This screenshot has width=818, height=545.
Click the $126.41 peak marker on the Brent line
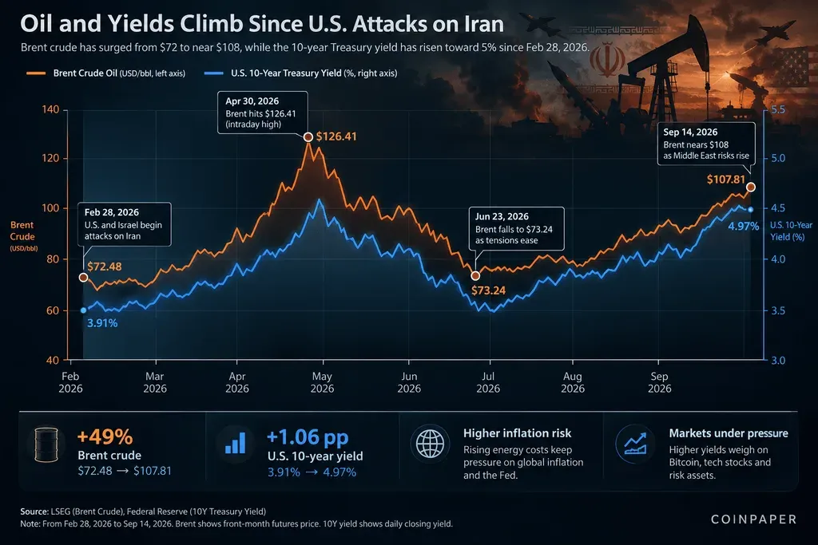point(308,137)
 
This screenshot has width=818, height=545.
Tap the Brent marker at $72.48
point(83,278)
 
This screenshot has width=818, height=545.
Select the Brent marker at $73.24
point(475,275)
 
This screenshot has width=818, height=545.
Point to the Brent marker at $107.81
point(751,187)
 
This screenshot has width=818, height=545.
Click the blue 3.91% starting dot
point(83,310)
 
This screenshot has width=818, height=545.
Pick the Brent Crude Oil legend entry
point(106,73)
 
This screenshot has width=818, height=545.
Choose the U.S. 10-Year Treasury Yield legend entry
point(300,73)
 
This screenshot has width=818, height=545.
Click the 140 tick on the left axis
point(50,109)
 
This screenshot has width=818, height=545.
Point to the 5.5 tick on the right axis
point(778,109)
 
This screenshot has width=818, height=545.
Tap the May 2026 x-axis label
point(323,382)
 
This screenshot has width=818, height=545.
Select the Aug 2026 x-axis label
point(573,382)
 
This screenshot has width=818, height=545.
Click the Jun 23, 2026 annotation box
point(517,229)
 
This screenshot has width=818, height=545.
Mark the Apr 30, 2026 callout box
point(262,113)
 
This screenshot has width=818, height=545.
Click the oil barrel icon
point(46,445)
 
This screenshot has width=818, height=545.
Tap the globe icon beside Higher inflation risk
point(430,444)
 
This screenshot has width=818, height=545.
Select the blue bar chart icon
point(236,444)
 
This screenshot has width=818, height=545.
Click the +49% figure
point(105,436)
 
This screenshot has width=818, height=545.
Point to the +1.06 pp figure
point(308,437)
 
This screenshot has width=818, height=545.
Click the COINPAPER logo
point(754,519)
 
